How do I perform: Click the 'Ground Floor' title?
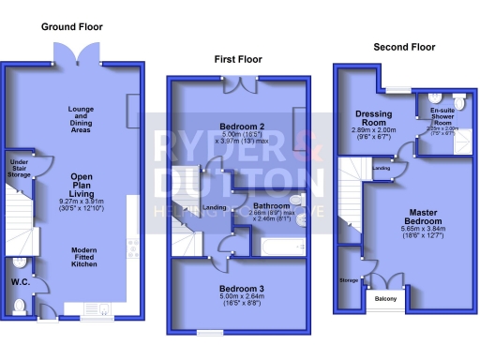[x=71, y=27]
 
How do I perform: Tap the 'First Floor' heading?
[x=238, y=59]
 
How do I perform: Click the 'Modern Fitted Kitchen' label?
[x=85, y=258]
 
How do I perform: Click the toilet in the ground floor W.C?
[x=21, y=305]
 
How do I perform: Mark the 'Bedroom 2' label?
[x=242, y=127]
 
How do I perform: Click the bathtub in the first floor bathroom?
[x=281, y=248]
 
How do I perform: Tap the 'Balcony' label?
[x=385, y=299]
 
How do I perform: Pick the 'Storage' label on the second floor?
[x=349, y=279]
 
